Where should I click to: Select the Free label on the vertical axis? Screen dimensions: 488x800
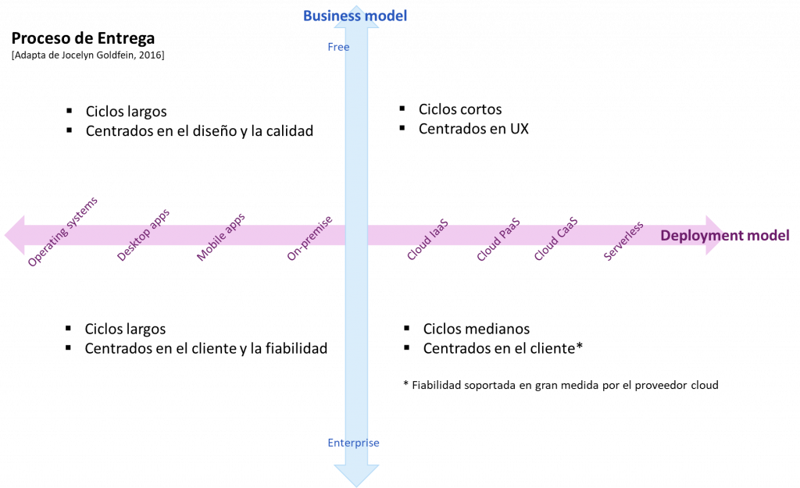[x=338, y=48]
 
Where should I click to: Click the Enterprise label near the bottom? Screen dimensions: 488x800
[x=353, y=443]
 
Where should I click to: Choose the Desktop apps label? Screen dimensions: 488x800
[x=143, y=236]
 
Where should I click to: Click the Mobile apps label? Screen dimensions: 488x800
[x=220, y=237]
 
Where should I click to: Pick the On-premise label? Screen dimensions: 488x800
[x=309, y=238]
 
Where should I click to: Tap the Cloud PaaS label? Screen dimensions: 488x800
[x=498, y=240]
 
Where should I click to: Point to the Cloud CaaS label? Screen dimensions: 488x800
[x=555, y=239]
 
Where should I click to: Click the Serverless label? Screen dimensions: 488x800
[x=623, y=240]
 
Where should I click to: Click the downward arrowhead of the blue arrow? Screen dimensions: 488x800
[x=356, y=475]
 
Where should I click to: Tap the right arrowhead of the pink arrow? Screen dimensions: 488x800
[x=715, y=234]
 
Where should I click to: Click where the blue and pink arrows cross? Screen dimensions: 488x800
[x=356, y=235]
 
